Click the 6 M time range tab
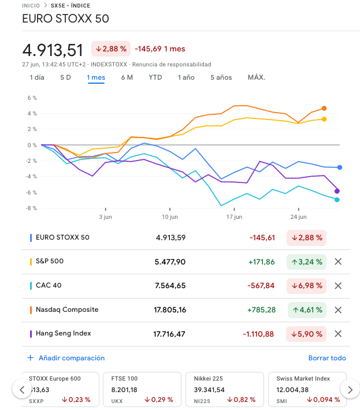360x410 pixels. pos(127,77)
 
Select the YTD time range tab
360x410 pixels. pos(155,77)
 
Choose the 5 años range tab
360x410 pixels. pos(221,77)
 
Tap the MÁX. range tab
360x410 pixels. pos(256,77)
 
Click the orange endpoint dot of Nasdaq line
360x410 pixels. pos(324,109)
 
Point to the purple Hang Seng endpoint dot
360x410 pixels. pos(337,191)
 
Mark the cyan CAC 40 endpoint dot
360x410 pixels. pos(337,200)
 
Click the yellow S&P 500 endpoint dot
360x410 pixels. pos(324,119)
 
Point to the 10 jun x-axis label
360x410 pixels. pos(169,217)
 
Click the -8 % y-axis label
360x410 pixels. pos(31,208)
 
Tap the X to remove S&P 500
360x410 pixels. pos(338,262)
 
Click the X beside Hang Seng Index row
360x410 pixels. pos(338,333)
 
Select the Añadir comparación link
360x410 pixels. pos(71,358)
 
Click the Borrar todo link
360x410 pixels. pos(327,358)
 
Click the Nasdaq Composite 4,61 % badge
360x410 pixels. pos(306,310)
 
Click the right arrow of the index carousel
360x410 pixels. pos(350,390)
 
